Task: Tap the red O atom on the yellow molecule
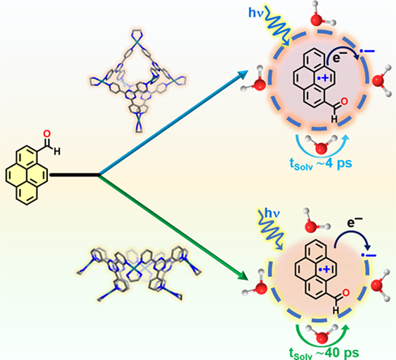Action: [x=47, y=134]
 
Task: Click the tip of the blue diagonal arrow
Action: [x=248, y=71]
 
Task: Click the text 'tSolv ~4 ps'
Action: [x=321, y=164]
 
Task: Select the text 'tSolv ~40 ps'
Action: [x=324, y=353]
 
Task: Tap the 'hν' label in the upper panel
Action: [x=257, y=13]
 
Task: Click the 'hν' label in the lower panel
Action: [x=272, y=214]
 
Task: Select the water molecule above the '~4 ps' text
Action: [x=321, y=145]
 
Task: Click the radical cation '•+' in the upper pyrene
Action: [x=323, y=78]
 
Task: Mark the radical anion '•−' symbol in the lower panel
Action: [x=369, y=255]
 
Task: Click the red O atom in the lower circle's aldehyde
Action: [x=346, y=293]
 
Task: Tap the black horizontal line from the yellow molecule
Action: [x=74, y=175]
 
